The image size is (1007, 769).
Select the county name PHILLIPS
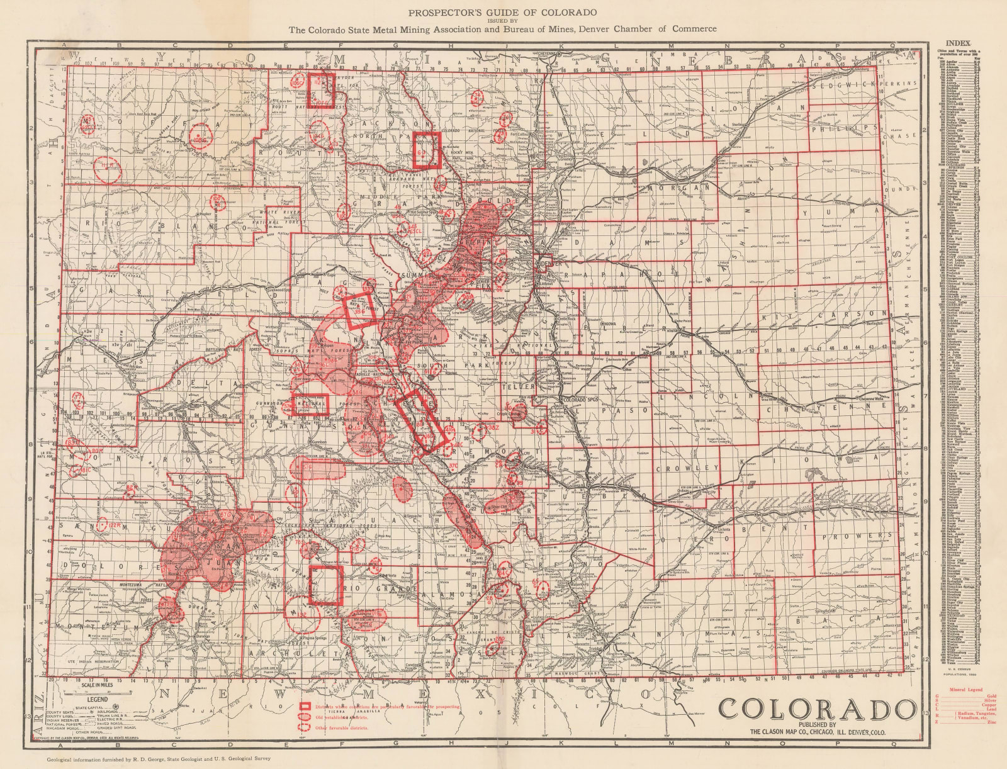[843, 128]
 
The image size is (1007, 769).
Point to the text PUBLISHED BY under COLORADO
[816, 725]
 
